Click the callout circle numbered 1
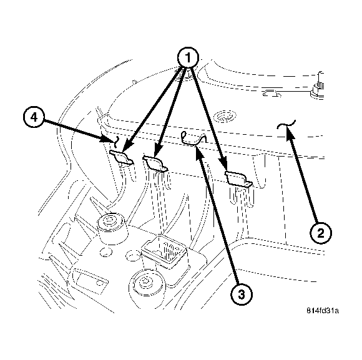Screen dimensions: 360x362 188,58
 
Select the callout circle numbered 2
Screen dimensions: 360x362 320,233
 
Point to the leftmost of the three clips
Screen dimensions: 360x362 122,156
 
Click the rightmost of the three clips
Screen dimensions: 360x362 238,179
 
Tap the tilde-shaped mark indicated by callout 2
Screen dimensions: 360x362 286,127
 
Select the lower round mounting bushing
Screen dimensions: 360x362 149,283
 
